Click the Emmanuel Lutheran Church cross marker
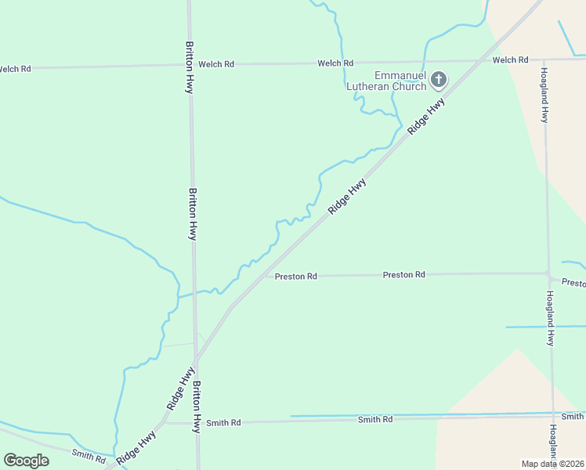[x=439, y=78]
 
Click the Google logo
[x=26, y=461]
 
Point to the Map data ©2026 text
[x=552, y=464]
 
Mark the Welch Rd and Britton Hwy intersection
[x=190, y=65]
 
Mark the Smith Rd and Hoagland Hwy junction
[x=553, y=415]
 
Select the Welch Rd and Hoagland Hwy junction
[x=544, y=59]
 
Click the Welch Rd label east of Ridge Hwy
[x=510, y=60]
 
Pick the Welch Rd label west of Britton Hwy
[x=14, y=69]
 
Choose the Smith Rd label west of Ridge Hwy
[x=88, y=455]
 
